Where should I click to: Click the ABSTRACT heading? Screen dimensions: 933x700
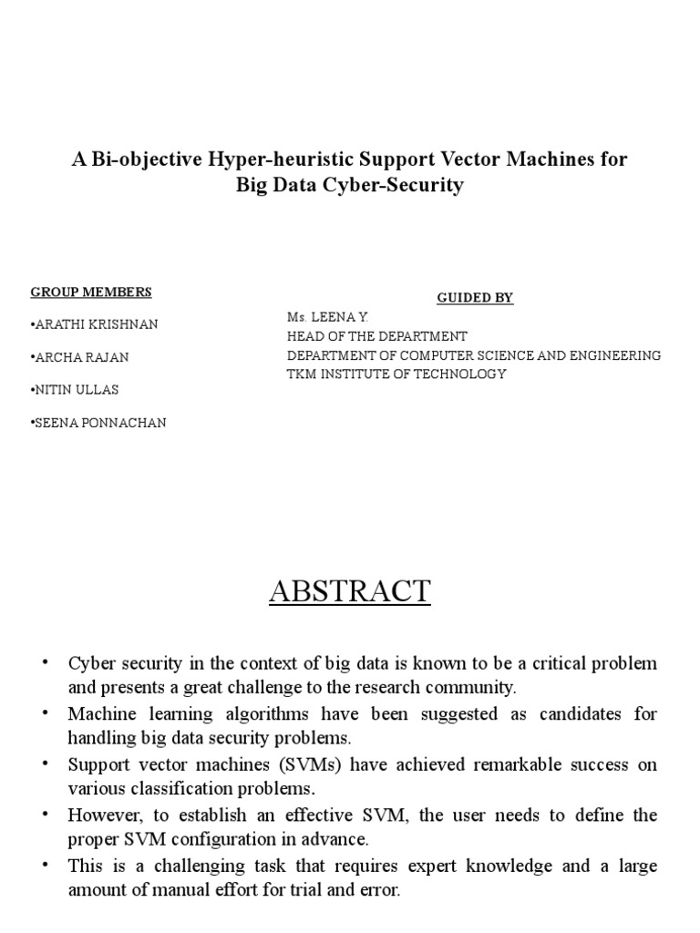tap(350, 591)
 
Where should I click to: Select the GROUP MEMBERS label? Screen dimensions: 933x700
tap(91, 292)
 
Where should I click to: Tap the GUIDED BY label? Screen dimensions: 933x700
tap(475, 298)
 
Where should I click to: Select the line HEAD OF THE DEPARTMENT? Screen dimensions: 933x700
tap(377, 336)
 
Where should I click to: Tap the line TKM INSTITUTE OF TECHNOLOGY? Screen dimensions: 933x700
tap(396, 374)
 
